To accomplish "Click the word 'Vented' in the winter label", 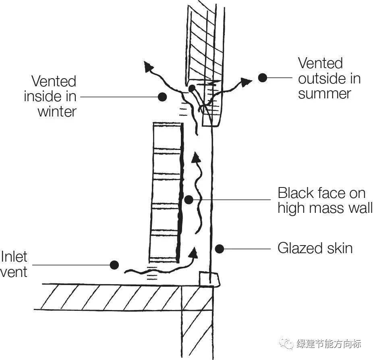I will pos(54,81).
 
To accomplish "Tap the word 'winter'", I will pos(57,111).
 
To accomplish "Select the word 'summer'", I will pos(325,94).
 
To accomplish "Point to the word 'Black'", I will pos(296,193).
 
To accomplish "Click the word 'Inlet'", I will pos(15,257).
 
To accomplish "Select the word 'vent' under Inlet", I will pos(14,272).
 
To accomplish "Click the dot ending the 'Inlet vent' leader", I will pos(115,265).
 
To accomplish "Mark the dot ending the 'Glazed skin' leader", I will pos(220,248).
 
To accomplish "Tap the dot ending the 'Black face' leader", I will pos(189,199).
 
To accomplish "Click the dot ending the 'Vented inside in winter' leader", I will pos(162,97).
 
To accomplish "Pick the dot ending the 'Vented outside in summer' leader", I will pos(263,78).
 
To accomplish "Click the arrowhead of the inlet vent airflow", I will pos(194,253).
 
